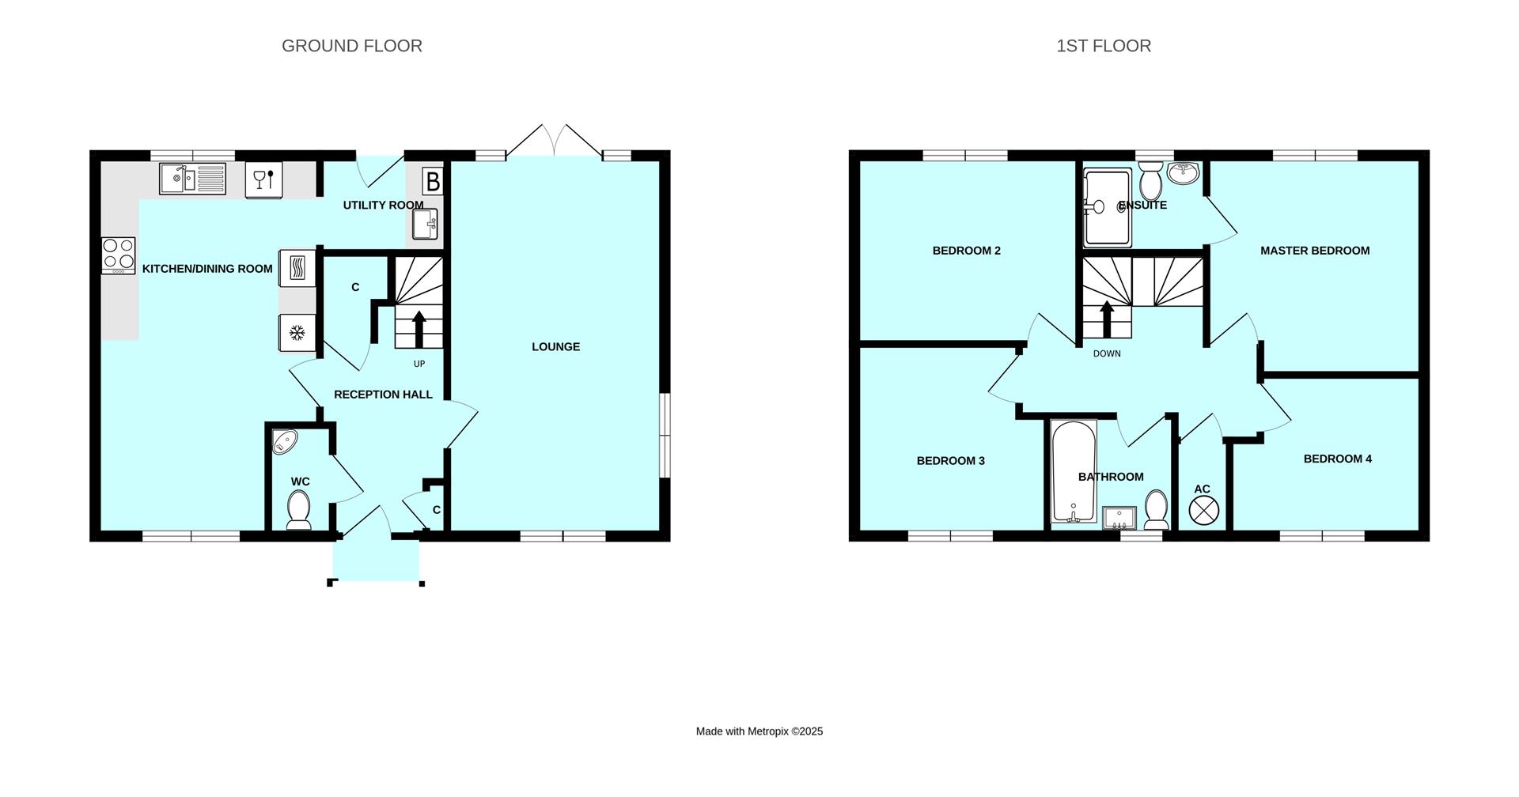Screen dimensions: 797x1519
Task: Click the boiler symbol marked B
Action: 432,182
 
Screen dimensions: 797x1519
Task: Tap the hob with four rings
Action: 119,255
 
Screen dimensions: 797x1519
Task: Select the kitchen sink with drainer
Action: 192,179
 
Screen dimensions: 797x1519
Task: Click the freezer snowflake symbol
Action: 297,333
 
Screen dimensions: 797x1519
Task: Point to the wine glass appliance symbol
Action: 263,180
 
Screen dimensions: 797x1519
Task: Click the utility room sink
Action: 426,225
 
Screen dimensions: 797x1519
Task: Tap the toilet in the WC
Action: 298,509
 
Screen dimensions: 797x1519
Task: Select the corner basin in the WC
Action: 283,441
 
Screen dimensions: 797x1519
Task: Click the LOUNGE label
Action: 555,346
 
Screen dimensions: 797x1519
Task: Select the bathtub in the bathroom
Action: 1074,472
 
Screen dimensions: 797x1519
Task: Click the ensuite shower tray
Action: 1108,208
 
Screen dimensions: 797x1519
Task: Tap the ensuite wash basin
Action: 1184,172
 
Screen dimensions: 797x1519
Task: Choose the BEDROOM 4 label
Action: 1337,459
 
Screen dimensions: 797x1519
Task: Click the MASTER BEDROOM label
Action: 1314,251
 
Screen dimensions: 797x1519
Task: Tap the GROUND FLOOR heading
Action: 352,46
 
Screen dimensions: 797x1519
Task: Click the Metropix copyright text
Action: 759,731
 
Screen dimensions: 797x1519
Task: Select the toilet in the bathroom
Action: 1156,510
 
